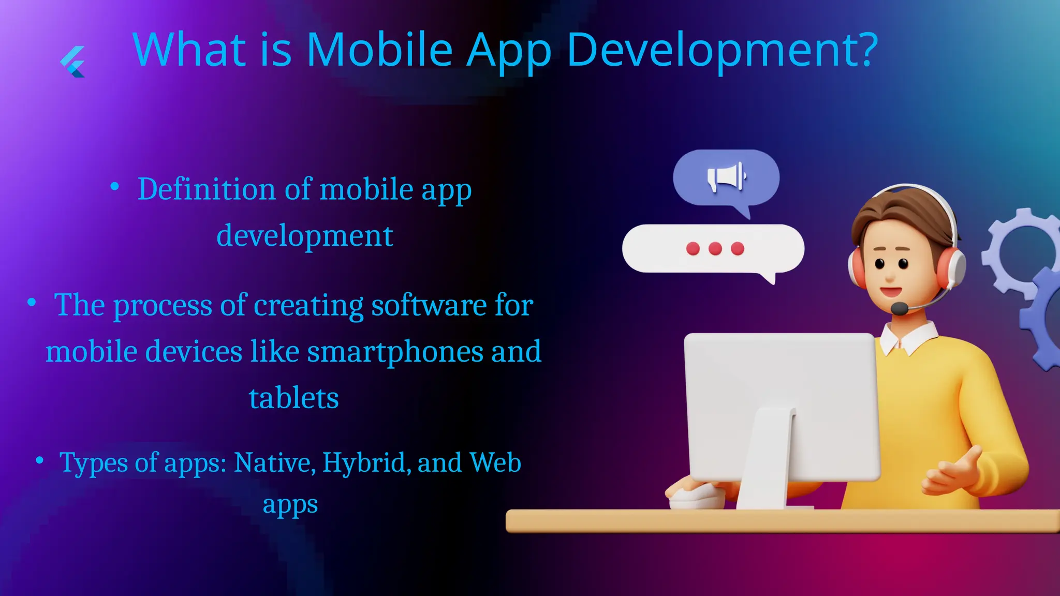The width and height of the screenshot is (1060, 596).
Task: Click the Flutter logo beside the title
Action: click(x=73, y=62)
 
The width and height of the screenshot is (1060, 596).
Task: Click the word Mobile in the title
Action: click(x=379, y=50)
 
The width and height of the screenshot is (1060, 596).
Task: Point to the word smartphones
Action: click(x=395, y=352)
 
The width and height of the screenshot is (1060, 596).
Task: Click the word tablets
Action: click(x=293, y=398)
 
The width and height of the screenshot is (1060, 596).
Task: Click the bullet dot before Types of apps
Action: click(x=39, y=459)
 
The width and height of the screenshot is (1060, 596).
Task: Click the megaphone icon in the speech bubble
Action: click(x=726, y=177)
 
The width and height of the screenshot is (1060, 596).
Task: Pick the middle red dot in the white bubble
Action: click(x=715, y=249)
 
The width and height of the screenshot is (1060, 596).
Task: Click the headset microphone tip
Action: click(x=899, y=309)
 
